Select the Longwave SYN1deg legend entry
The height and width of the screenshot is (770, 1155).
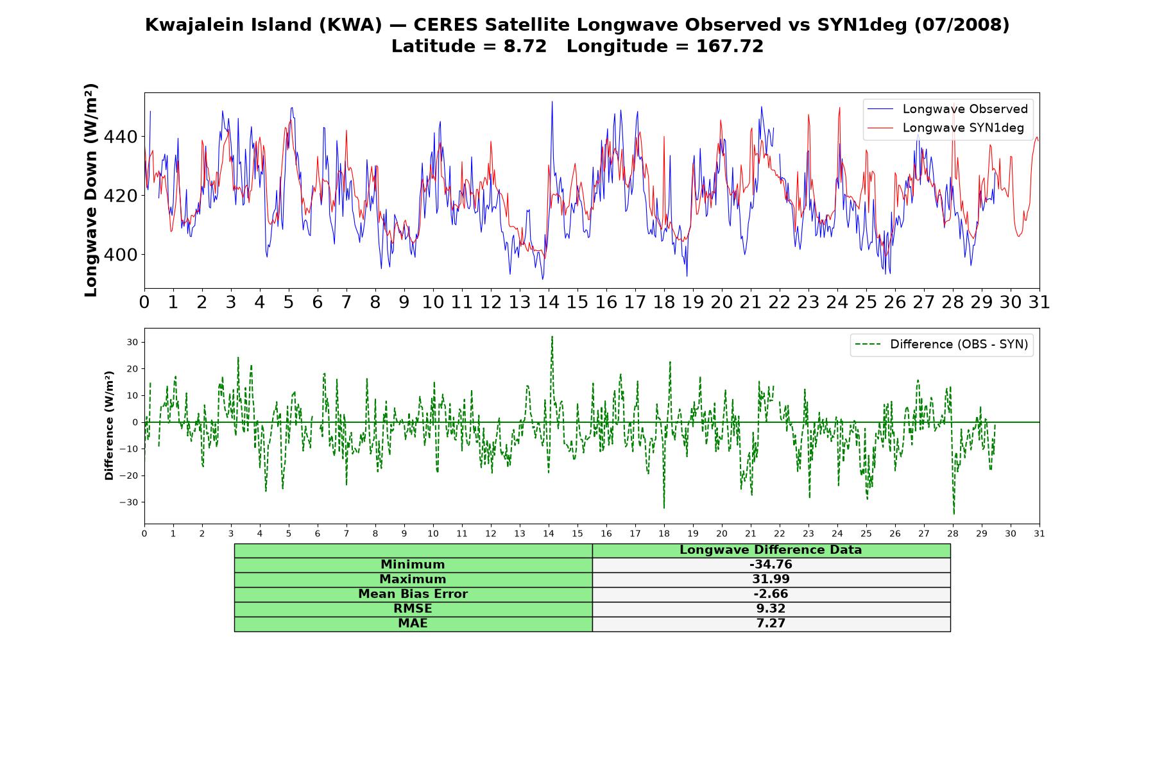click(x=946, y=128)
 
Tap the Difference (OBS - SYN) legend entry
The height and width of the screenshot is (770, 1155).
click(x=942, y=345)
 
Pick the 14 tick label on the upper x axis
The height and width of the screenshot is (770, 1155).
click(x=548, y=302)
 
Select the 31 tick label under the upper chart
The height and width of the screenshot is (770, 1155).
click(x=1039, y=302)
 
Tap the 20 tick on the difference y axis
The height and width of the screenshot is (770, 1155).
click(x=132, y=369)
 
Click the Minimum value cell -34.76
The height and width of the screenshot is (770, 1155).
click(x=771, y=565)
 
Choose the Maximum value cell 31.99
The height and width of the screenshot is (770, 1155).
click(x=771, y=579)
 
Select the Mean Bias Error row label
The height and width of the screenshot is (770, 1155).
click(x=413, y=594)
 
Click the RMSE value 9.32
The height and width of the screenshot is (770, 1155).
click(x=771, y=609)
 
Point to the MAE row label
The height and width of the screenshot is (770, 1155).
click(x=413, y=624)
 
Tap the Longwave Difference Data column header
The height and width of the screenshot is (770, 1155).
click(x=771, y=550)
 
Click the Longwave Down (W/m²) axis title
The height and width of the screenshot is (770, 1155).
click(x=91, y=190)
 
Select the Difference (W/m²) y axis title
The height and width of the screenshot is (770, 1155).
click(x=109, y=425)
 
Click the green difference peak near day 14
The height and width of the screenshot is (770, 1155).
click(x=552, y=336)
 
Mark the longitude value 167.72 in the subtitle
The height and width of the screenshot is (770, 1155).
click(x=730, y=46)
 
